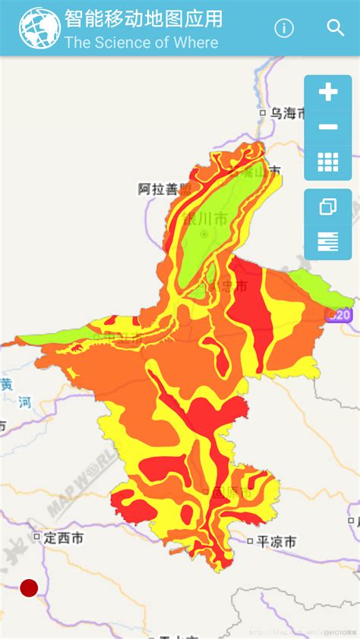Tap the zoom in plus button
(x=328, y=93)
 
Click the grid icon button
(x=328, y=162)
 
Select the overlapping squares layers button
(x=328, y=206)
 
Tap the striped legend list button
(x=328, y=242)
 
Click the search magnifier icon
(x=336, y=28)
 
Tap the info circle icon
(x=284, y=28)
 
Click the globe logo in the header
(x=39, y=28)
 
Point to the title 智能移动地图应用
(x=144, y=19)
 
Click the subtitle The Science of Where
(x=141, y=42)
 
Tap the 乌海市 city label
(x=288, y=114)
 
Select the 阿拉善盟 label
(x=164, y=189)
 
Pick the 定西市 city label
(x=63, y=537)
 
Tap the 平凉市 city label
(x=276, y=540)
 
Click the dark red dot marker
(x=29, y=587)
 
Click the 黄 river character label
(x=6, y=383)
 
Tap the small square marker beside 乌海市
(x=264, y=114)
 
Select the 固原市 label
(x=232, y=492)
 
